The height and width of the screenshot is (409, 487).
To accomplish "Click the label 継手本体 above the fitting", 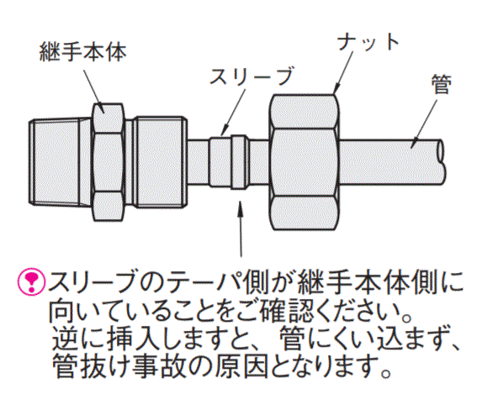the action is coord(83,52).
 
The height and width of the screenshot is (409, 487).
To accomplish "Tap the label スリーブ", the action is coord(251,76).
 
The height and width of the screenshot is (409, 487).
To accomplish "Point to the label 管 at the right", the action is coord(442,84).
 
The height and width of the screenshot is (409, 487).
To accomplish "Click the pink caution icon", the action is coord(32,281).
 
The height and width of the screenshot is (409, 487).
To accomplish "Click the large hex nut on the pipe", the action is coord(304,162).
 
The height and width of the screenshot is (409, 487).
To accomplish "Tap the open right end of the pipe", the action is coord(441,162).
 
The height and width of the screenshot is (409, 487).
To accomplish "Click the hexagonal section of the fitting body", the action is coord(109,162).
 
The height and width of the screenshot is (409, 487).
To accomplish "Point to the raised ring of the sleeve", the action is coord(240,162).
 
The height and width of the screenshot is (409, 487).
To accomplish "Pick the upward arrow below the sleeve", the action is coord(241,228).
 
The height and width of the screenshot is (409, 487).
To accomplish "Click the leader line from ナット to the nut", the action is coord(343,72).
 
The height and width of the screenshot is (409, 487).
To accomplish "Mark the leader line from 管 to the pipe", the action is coord(424,123).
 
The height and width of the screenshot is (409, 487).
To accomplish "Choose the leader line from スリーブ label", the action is coord(234,113).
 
